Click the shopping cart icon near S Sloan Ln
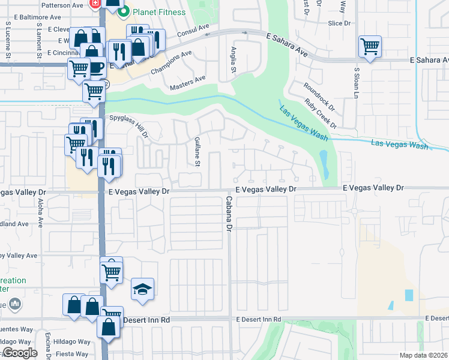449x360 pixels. (x=370, y=46)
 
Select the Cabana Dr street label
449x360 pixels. (x=228, y=214)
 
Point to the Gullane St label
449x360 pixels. (x=197, y=151)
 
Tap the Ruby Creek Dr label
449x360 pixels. (x=321, y=113)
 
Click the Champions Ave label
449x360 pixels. (x=171, y=62)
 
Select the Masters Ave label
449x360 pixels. (x=187, y=82)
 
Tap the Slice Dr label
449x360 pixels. (x=339, y=23)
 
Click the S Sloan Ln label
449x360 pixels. (x=356, y=83)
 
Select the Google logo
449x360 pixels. (x=20, y=353)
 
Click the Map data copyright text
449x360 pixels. (x=423, y=355)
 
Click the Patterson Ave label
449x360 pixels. (x=63, y=5)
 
